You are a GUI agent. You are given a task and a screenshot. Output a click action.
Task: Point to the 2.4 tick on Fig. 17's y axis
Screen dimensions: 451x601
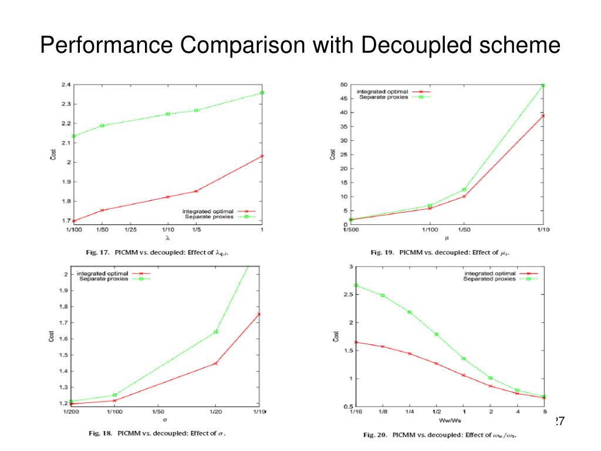[66, 85]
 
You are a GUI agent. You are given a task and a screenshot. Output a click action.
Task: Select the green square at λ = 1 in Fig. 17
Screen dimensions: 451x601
[262, 93]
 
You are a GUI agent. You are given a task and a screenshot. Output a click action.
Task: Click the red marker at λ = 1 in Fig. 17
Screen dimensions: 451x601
[262, 156]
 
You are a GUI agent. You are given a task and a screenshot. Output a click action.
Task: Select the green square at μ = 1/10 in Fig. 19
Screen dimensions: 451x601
[543, 85]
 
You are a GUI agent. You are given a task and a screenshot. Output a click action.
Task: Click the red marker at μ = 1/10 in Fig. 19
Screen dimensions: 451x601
[543, 116]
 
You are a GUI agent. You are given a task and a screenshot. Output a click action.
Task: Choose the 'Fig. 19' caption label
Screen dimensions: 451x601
[382, 252]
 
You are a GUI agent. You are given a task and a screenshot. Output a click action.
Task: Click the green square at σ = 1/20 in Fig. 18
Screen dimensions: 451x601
[215, 332]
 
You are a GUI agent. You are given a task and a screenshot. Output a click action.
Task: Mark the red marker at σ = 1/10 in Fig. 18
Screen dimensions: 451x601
[259, 314]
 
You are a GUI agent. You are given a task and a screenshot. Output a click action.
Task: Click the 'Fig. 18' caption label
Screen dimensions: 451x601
[100, 433]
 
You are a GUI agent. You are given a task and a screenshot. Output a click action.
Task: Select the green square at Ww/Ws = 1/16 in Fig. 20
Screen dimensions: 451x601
[356, 285]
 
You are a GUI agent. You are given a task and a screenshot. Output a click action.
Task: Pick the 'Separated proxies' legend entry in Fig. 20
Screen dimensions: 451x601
[489, 279]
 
